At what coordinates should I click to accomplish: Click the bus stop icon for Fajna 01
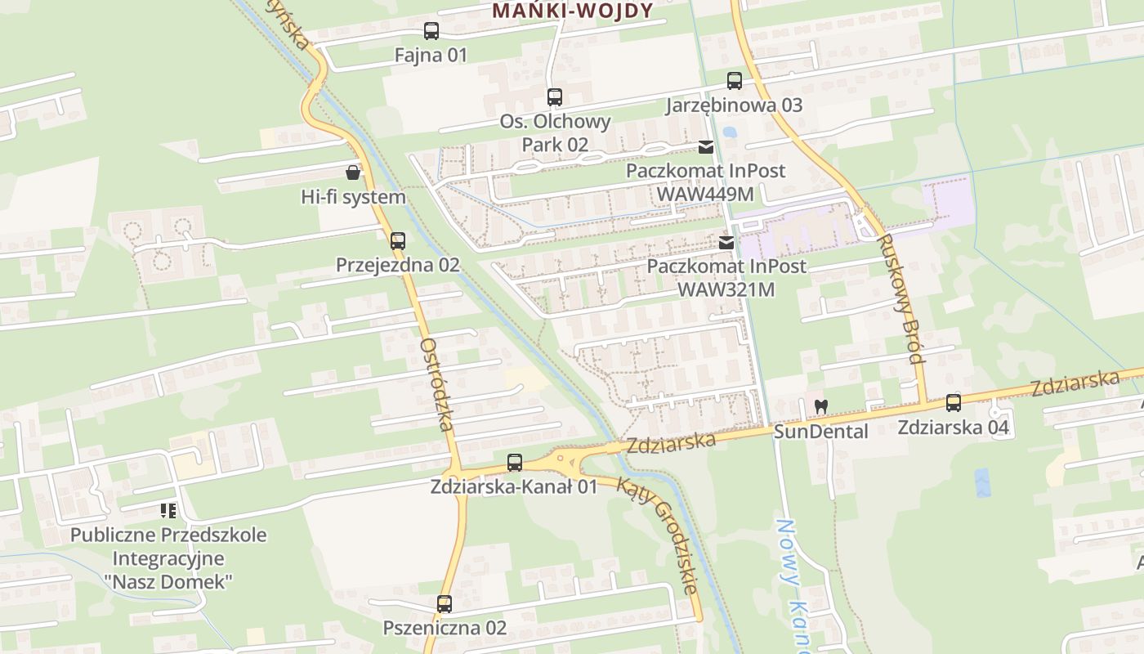[431, 31]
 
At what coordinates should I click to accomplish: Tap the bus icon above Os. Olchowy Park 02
[555, 97]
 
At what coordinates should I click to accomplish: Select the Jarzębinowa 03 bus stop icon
[735, 81]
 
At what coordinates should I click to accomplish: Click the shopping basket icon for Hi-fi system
[353, 172]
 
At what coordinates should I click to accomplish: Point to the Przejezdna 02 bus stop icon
[398, 241]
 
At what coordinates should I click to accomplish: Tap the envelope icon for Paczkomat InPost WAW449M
[706, 147]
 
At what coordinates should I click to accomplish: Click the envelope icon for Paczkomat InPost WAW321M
[726, 243]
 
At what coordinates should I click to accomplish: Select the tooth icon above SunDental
[822, 405]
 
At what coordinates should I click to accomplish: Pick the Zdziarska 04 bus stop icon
[954, 403]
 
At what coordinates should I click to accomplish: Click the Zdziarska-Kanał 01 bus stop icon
[515, 463]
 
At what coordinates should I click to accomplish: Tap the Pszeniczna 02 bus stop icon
[445, 604]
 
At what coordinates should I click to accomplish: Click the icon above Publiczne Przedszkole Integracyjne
[168, 511]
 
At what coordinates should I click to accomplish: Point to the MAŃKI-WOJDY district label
[573, 11]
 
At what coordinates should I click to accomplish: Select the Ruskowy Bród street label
[900, 298]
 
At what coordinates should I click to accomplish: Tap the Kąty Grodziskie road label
[657, 535]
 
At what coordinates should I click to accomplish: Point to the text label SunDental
[821, 431]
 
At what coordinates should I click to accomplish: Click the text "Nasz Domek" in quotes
[168, 582]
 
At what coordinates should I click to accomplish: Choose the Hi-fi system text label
[353, 197]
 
